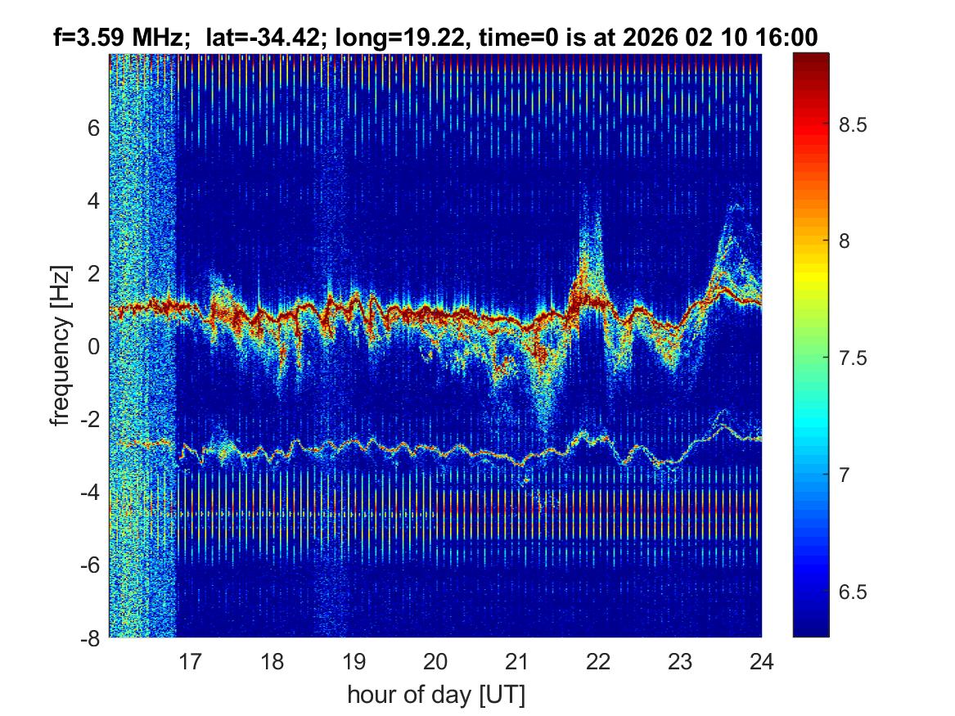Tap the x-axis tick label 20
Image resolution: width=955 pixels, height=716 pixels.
pyautogui.click(x=435, y=660)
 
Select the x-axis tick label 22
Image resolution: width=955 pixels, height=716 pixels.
pyautogui.click(x=598, y=660)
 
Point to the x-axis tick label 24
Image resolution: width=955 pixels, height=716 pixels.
pyautogui.click(x=761, y=660)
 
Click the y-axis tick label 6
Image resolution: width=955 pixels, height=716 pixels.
pyautogui.click(x=94, y=128)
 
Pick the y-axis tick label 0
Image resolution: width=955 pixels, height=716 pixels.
pyautogui.click(x=94, y=346)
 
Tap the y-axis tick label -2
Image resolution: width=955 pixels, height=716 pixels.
pyautogui.click(x=90, y=419)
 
